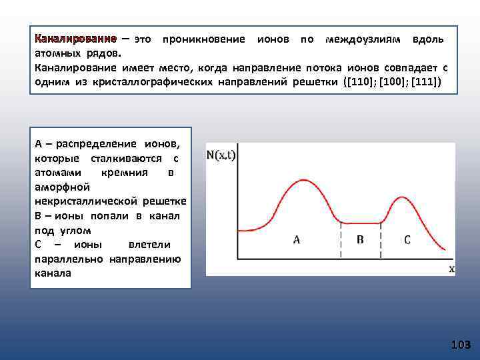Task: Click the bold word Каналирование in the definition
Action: [75, 39]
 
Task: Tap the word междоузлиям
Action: [363, 39]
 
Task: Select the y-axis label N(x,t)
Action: [222, 155]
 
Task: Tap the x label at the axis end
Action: [451, 269]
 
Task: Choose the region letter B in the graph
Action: [360, 239]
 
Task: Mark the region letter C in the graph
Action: [407, 239]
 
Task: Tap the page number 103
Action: [460, 345]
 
